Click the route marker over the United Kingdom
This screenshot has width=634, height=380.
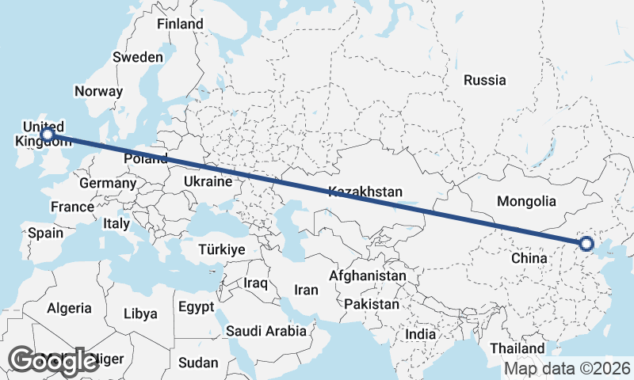[48, 135]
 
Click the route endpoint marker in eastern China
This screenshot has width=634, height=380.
[586, 244]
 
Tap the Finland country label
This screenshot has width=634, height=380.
[180, 24]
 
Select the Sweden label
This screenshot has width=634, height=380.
[138, 57]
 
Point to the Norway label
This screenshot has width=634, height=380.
[98, 91]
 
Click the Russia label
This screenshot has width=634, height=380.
[484, 80]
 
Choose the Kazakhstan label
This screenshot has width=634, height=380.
[365, 192]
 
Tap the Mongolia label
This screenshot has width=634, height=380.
[527, 202]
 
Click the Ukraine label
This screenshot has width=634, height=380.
[208, 181]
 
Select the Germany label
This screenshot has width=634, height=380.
[108, 183]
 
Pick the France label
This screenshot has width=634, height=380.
[72, 207]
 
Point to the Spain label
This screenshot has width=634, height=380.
[45, 233]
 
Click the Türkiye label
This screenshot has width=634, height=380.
[221, 249]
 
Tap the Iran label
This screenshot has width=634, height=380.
[306, 290]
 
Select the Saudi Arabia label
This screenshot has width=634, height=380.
[265, 330]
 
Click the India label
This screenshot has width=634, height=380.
[420, 334]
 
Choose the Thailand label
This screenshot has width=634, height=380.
[517, 348]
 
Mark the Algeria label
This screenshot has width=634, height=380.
[69, 308]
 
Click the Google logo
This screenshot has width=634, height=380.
[53, 360]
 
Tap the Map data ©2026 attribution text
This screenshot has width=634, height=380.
[567, 368]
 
